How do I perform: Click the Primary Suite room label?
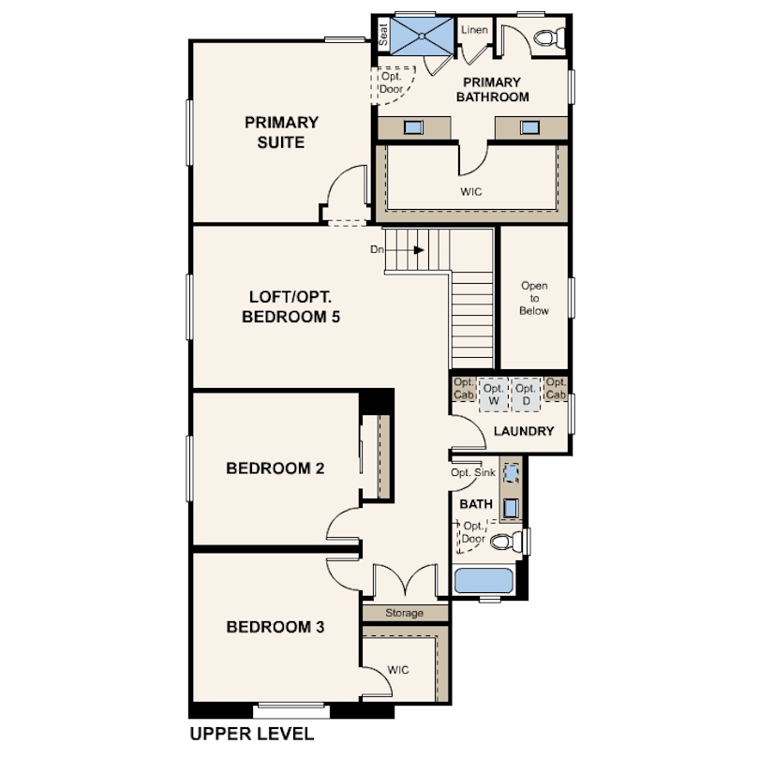click(281, 132)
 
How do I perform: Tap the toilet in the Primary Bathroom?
click(549, 37)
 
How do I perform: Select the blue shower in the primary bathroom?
click(422, 37)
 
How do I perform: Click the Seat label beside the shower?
click(383, 35)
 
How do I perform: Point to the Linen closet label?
click(474, 30)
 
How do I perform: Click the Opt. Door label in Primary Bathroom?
click(391, 82)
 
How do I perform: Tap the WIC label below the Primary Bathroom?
click(471, 192)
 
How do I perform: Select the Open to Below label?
click(534, 298)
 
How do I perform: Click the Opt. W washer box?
click(493, 394)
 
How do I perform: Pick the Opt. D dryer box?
click(526, 394)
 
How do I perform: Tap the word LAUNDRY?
click(524, 431)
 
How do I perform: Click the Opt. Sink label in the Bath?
click(473, 472)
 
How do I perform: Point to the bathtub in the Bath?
click(484, 580)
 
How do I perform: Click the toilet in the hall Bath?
click(507, 541)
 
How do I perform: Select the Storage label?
click(404, 613)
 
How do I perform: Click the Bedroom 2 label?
click(275, 469)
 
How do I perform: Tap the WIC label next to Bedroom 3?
click(398, 670)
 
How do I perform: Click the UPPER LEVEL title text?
click(252, 734)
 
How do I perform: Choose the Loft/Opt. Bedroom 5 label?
click(290, 306)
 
